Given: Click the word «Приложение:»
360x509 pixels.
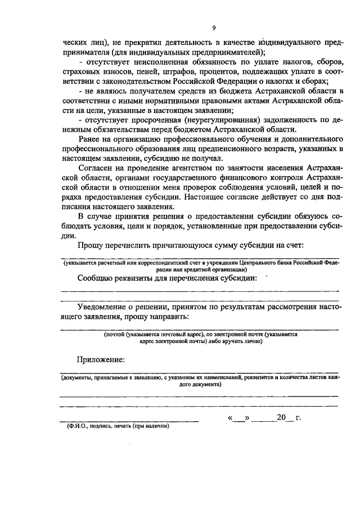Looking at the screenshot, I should tap(101, 359).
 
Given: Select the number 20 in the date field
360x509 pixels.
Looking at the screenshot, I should tap(281, 417).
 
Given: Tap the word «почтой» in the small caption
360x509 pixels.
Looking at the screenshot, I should tap(114, 334).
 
